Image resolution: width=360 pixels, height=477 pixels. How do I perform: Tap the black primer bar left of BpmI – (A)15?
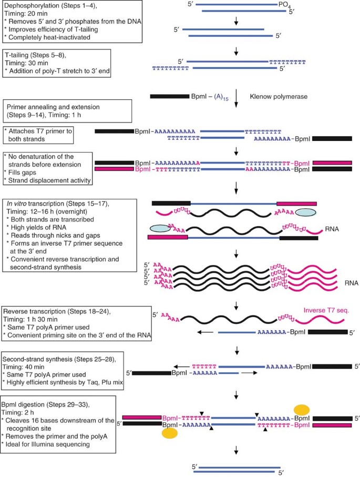(x=169, y=97)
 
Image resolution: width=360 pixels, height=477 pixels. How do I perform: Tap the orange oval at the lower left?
(x=169, y=433)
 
